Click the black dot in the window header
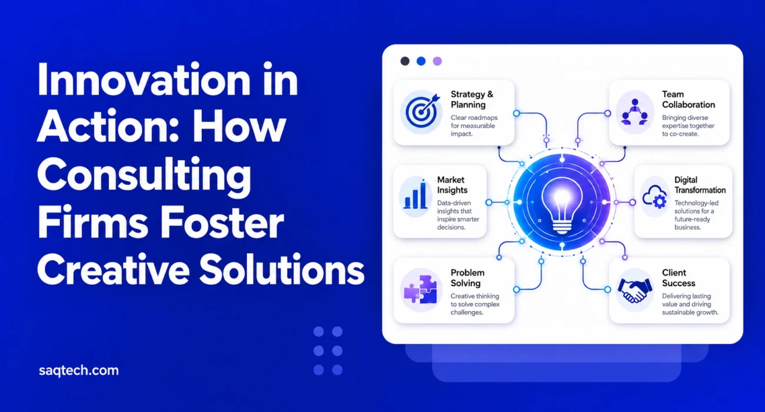(405, 61)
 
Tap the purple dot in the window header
(437, 61)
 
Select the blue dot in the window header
(421, 61)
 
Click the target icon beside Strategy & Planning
(422, 111)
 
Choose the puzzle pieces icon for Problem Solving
(420, 290)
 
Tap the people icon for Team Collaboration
(634, 112)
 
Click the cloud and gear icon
(654, 197)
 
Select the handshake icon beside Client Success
(634, 290)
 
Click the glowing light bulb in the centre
(562, 205)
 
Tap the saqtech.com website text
(79, 371)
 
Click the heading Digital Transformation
(700, 185)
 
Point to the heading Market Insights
(452, 185)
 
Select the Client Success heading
(678, 278)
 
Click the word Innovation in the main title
(144, 79)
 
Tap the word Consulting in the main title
(144, 175)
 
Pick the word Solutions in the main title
(282, 270)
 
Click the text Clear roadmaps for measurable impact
(474, 126)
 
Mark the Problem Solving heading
(467, 278)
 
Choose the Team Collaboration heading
(688, 99)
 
